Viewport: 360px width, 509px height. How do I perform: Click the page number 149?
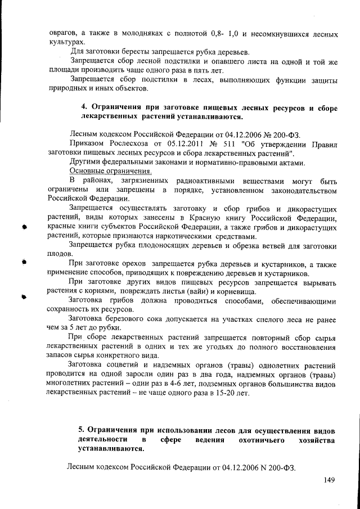click(x=330, y=480)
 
